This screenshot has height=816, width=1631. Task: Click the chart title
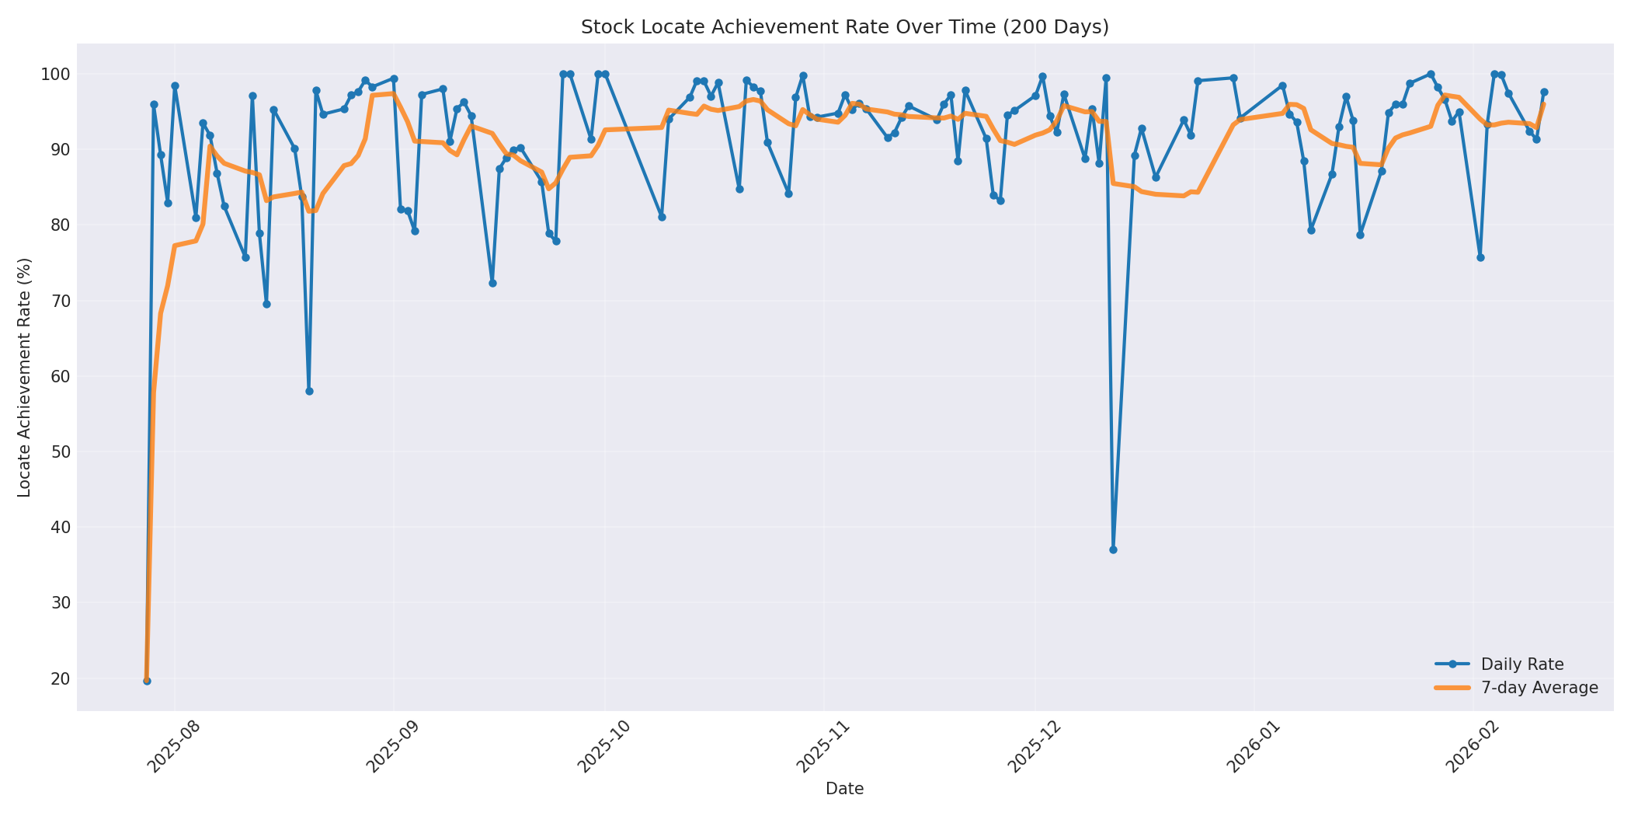tap(844, 27)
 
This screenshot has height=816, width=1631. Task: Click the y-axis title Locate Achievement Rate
tap(24, 377)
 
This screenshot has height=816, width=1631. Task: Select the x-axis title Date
tap(844, 789)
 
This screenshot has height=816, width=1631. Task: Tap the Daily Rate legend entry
tap(1521, 664)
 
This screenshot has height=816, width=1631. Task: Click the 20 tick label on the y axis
tap(61, 678)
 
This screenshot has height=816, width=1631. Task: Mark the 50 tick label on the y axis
tap(61, 452)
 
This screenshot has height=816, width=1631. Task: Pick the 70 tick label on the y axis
tap(61, 301)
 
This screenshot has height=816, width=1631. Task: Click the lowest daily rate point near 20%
tap(147, 681)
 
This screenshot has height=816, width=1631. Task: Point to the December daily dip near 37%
tap(1113, 549)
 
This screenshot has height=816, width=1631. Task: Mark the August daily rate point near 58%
tap(309, 391)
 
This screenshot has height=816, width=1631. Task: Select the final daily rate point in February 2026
tap(1544, 92)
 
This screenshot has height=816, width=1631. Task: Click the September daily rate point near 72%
tap(492, 283)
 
